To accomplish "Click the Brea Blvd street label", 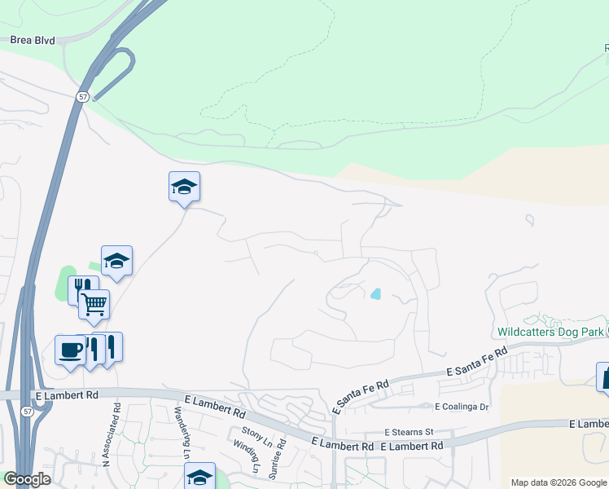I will (x=33, y=39).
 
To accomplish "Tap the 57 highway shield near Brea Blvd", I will (x=83, y=96).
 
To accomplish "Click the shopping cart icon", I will (x=94, y=304).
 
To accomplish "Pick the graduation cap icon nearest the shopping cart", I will (x=116, y=261).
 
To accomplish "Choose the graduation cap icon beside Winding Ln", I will (x=199, y=476).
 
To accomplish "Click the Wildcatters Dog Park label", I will (x=550, y=332).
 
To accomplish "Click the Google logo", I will (x=27, y=478).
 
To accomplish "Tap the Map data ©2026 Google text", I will (x=559, y=482).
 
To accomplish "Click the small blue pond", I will (x=375, y=293).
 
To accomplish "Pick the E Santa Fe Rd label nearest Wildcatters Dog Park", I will (x=475, y=361).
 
